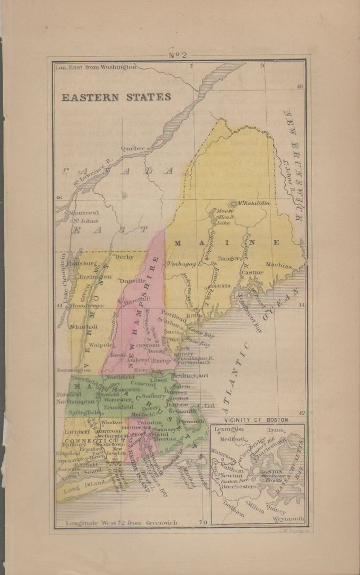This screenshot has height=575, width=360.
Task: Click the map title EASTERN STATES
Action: click(116, 98)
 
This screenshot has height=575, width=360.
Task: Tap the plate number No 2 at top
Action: click(179, 54)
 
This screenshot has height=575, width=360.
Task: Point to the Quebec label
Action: click(133, 149)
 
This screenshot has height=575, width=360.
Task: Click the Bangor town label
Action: click(230, 259)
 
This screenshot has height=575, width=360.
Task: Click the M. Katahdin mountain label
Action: click(253, 202)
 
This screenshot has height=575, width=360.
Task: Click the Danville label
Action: click(132, 281)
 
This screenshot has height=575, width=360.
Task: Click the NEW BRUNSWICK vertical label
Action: click(294, 158)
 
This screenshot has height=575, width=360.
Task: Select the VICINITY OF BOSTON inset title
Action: click(257, 420)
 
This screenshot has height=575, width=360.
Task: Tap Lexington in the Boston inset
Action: click(229, 430)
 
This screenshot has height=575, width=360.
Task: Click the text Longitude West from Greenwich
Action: click(121, 523)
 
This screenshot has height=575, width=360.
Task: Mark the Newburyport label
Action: click(191, 375)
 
